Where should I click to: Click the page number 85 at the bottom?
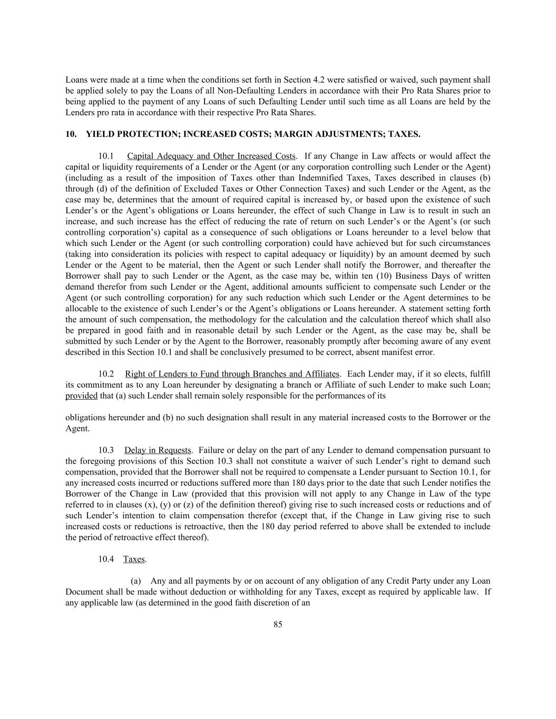pyautogui.click(x=278, y=625)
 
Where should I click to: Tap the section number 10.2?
pyautogui.click(x=106, y=374)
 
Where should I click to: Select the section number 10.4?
pyautogui.click(x=106, y=559)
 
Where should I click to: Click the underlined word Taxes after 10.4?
pyautogui.click(x=134, y=559)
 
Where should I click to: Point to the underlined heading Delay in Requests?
pyautogui.click(x=158, y=450)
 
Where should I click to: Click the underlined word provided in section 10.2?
pyautogui.click(x=81, y=396)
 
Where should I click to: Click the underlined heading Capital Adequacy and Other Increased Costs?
pyautogui.click(x=211, y=156)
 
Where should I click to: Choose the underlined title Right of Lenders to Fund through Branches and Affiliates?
pyautogui.click(x=232, y=374)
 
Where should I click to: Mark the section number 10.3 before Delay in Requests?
pyautogui.click(x=106, y=450)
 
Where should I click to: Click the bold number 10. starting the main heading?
pyautogui.click(x=71, y=134)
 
